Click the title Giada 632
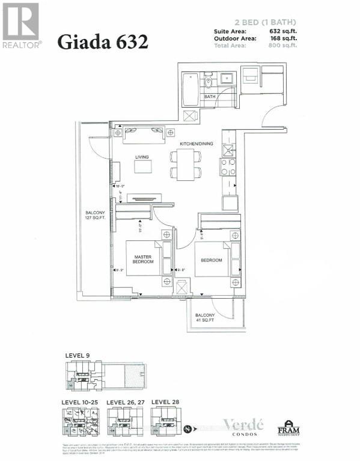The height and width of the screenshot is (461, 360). pyautogui.click(x=102, y=42)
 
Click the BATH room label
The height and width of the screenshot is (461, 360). pyautogui.click(x=210, y=96)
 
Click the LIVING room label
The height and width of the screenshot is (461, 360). pyautogui.click(x=142, y=157)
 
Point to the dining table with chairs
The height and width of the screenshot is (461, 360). pyautogui.click(x=183, y=164)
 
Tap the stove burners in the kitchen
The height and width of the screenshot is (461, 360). pyautogui.click(x=228, y=166)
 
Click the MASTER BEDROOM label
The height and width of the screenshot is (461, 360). pyautogui.click(x=143, y=260)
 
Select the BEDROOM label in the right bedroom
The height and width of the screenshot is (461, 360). pyautogui.click(x=212, y=260)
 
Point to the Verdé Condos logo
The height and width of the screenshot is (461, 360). pyautogui.click(x=236, y=424)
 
